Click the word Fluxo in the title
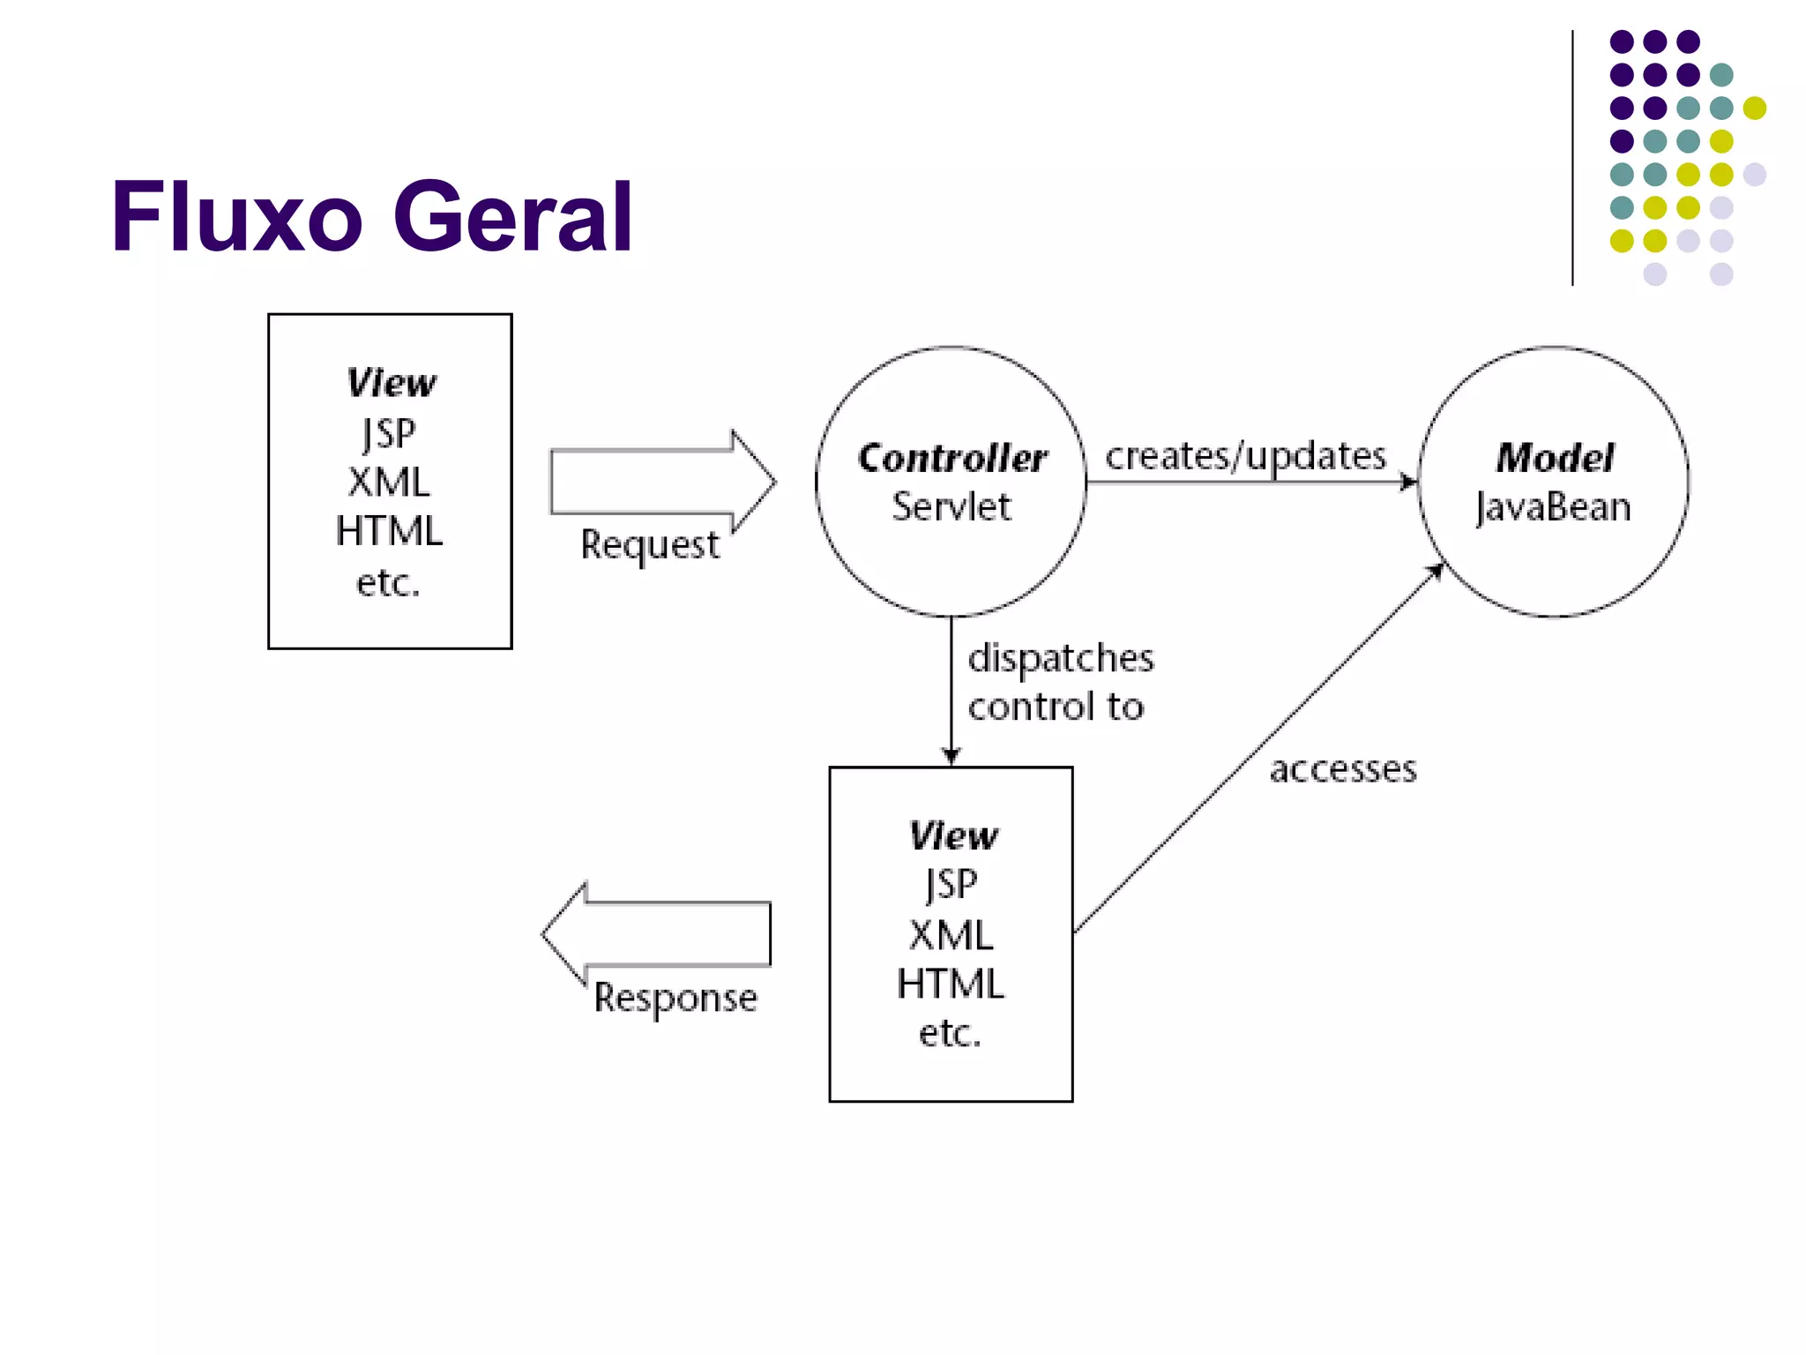pos(236,217)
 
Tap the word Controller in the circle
pos(952,458)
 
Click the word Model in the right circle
pos(1554,458)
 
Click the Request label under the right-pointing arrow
pos(649,545)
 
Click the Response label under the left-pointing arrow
pos(675,999)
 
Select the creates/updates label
pos(1245,456)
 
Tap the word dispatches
pos(1061,658)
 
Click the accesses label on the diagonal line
pos(1342,769)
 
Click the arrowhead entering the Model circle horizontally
pos(1409,482)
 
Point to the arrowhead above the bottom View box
pos(951,756)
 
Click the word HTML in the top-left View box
pos(389,532)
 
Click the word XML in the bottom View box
pos(951,935)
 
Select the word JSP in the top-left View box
pos(389,433)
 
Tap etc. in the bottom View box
pos(950,1033)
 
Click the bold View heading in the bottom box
pos(952,836)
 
